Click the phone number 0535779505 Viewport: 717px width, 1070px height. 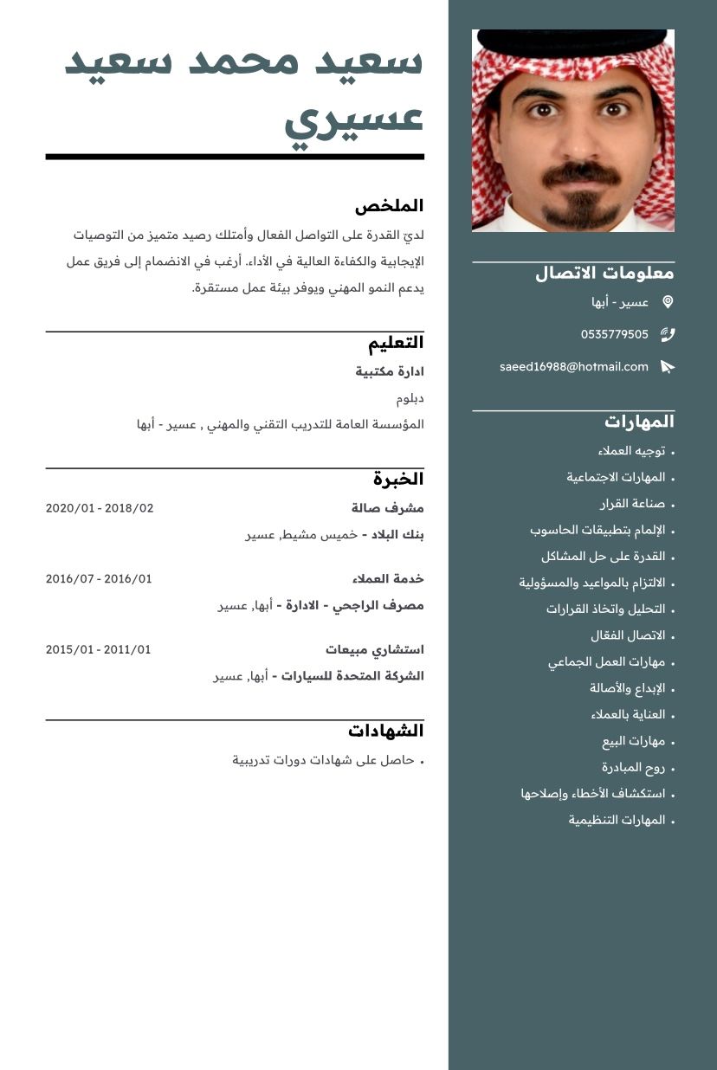614,334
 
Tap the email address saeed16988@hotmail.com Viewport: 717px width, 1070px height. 573,367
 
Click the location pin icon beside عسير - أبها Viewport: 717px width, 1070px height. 668,302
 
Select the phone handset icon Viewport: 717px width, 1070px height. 668,334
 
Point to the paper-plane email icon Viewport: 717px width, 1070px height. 668,367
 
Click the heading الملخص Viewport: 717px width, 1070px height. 390,206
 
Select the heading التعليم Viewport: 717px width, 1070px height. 396,343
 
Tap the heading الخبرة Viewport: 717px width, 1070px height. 398,479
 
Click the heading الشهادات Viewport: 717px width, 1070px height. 386,731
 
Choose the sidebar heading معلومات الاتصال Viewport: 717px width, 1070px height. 604,274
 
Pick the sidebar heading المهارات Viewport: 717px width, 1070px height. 639,422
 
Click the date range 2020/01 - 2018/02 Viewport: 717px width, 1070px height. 100,508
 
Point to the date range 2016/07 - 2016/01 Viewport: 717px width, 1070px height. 99,578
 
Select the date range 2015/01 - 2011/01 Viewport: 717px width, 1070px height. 98,649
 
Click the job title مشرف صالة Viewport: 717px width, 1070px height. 388,508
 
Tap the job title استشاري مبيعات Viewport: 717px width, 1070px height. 375,649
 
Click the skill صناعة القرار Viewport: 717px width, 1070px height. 632,504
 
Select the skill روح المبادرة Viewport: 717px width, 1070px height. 633,767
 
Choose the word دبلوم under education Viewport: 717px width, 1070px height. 410,398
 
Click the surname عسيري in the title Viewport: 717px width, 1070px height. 354,121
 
